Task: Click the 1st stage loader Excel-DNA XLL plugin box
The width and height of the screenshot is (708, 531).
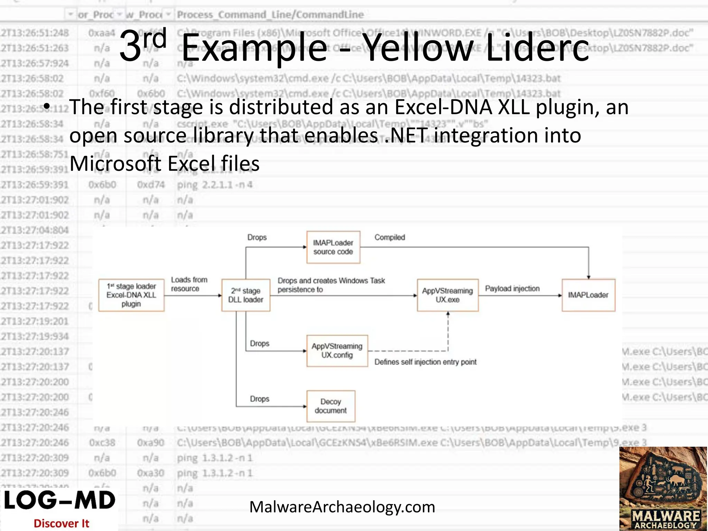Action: (131, 295)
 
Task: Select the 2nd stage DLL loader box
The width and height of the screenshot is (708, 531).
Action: (245, 295)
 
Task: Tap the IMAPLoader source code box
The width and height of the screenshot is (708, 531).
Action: (333, 247)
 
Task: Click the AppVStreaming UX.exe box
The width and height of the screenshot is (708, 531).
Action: (447, 295)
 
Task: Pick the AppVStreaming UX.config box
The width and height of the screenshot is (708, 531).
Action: (337, 351)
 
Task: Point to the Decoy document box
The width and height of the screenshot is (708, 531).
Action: (330, 406)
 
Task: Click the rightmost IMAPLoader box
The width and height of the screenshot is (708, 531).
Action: (588, 295)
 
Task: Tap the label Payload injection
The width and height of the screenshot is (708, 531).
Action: (512, 288)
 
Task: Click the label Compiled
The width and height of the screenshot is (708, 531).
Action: (390, 237)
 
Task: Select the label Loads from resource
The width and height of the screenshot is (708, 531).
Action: (189, 284)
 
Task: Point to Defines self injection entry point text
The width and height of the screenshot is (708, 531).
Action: (425, 362)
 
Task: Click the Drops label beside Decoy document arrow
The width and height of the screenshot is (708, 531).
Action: (260, 399)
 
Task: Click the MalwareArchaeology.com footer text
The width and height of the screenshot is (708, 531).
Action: (342, 507)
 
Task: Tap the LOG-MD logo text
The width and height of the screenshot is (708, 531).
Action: (59, 500)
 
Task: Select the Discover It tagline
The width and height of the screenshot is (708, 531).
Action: (61, 523)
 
